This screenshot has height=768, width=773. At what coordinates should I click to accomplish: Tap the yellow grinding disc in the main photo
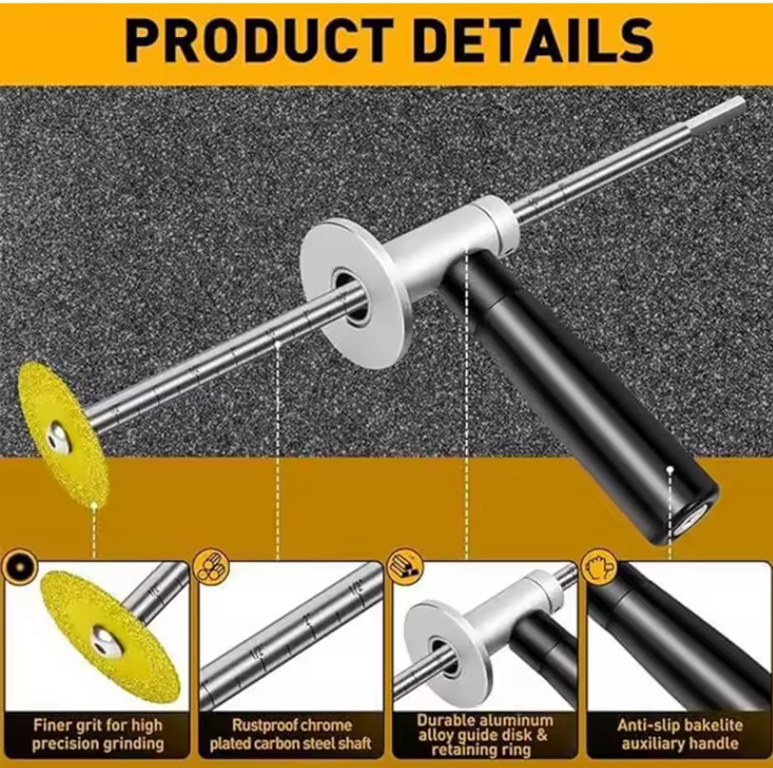click(63, 435)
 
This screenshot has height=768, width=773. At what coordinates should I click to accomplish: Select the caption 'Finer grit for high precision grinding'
click(97, 735)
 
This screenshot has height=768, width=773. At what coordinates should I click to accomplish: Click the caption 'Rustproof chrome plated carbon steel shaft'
click(291, 735)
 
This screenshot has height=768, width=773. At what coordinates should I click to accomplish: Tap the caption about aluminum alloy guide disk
click(484, 735)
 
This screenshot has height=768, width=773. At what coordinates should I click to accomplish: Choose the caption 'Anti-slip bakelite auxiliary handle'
click(679, 735)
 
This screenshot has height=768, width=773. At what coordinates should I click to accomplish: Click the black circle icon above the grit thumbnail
click(19, 568)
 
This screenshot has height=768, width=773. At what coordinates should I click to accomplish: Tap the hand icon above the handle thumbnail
click(599, 568)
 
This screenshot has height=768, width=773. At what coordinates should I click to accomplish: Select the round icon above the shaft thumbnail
click(211, 568)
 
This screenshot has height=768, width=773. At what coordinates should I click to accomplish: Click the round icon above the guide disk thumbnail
click(405, 568)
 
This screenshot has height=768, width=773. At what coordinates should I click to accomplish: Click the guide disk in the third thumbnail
click(448, 651)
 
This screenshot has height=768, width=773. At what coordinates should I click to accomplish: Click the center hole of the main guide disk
click(351, 296)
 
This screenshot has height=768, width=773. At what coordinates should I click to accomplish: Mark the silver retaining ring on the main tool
click(499, 222)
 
